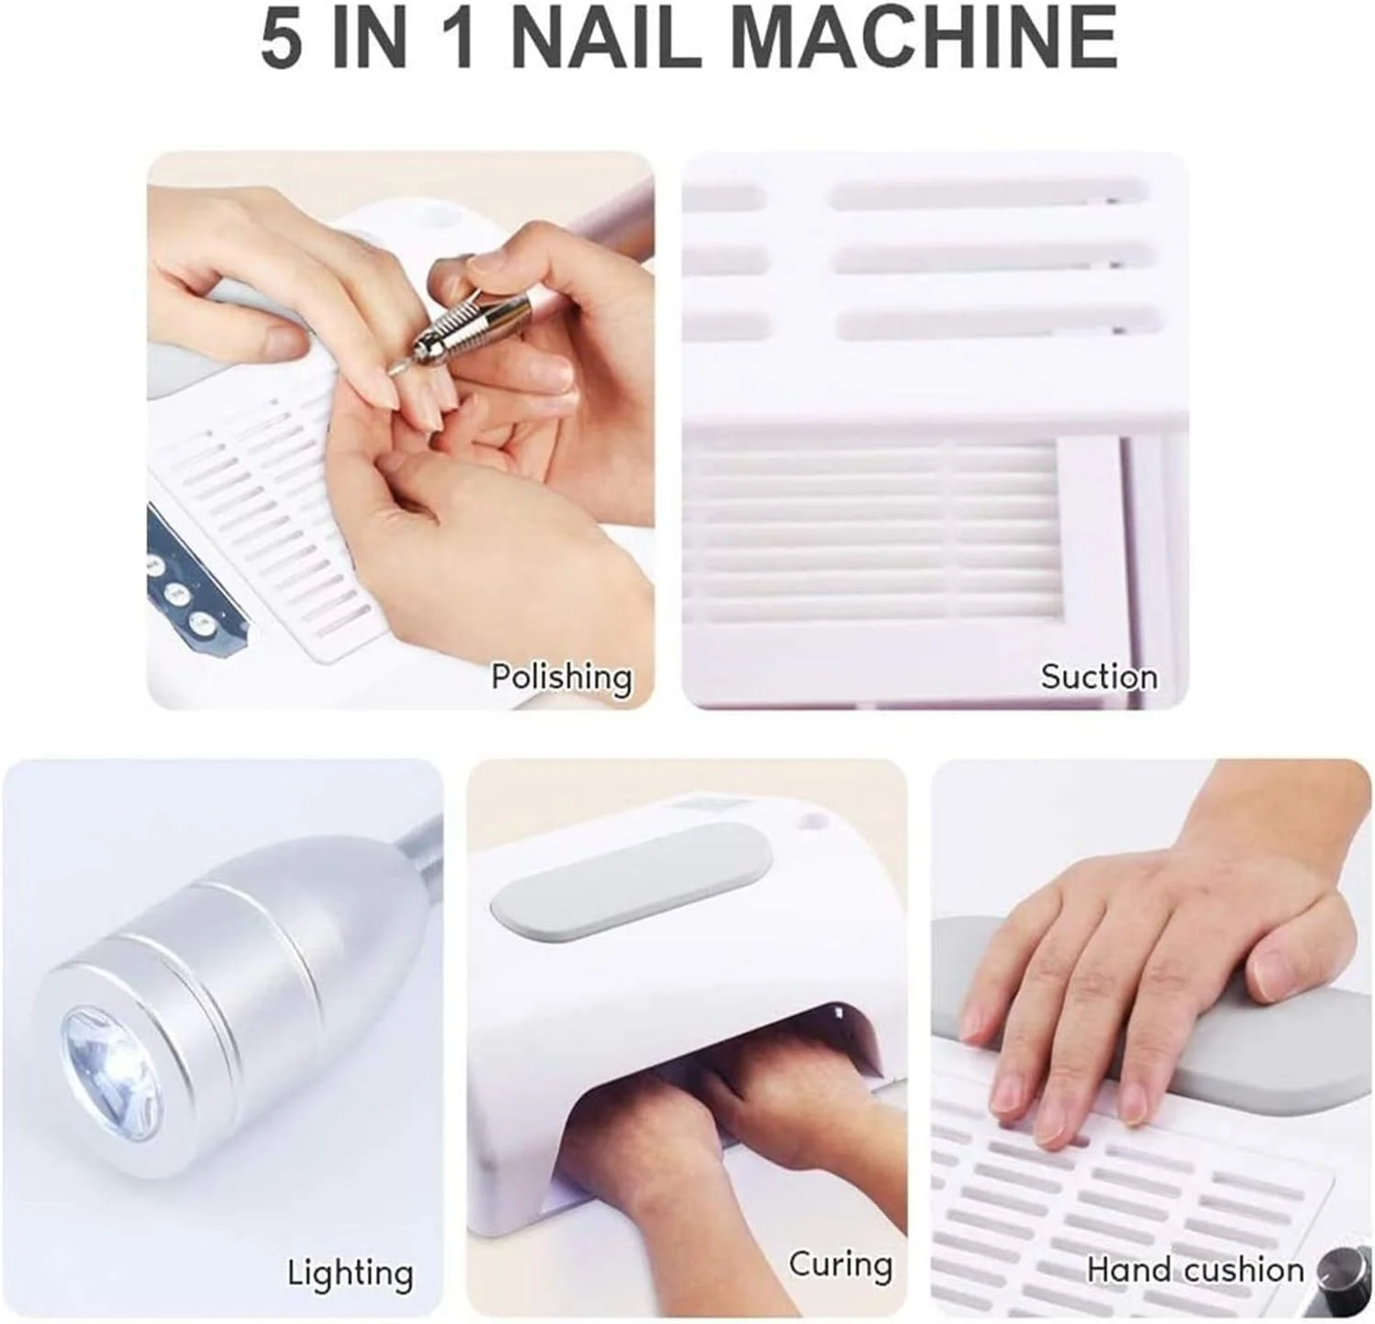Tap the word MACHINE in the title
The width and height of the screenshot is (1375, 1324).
pyautogui.click(x=924, y=38)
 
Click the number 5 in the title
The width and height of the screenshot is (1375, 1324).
pyautogui.click(x=281, y=38)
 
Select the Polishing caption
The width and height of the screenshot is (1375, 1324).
pyautogui.click(x=562, y=677)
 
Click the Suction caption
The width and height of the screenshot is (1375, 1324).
pyautogui.click(x=1099, y=677)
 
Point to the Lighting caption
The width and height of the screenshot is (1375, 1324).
pyautogui.click(x=350, y=1274)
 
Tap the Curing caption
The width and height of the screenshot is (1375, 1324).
pyautogui.click(x=841, y=1265)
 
